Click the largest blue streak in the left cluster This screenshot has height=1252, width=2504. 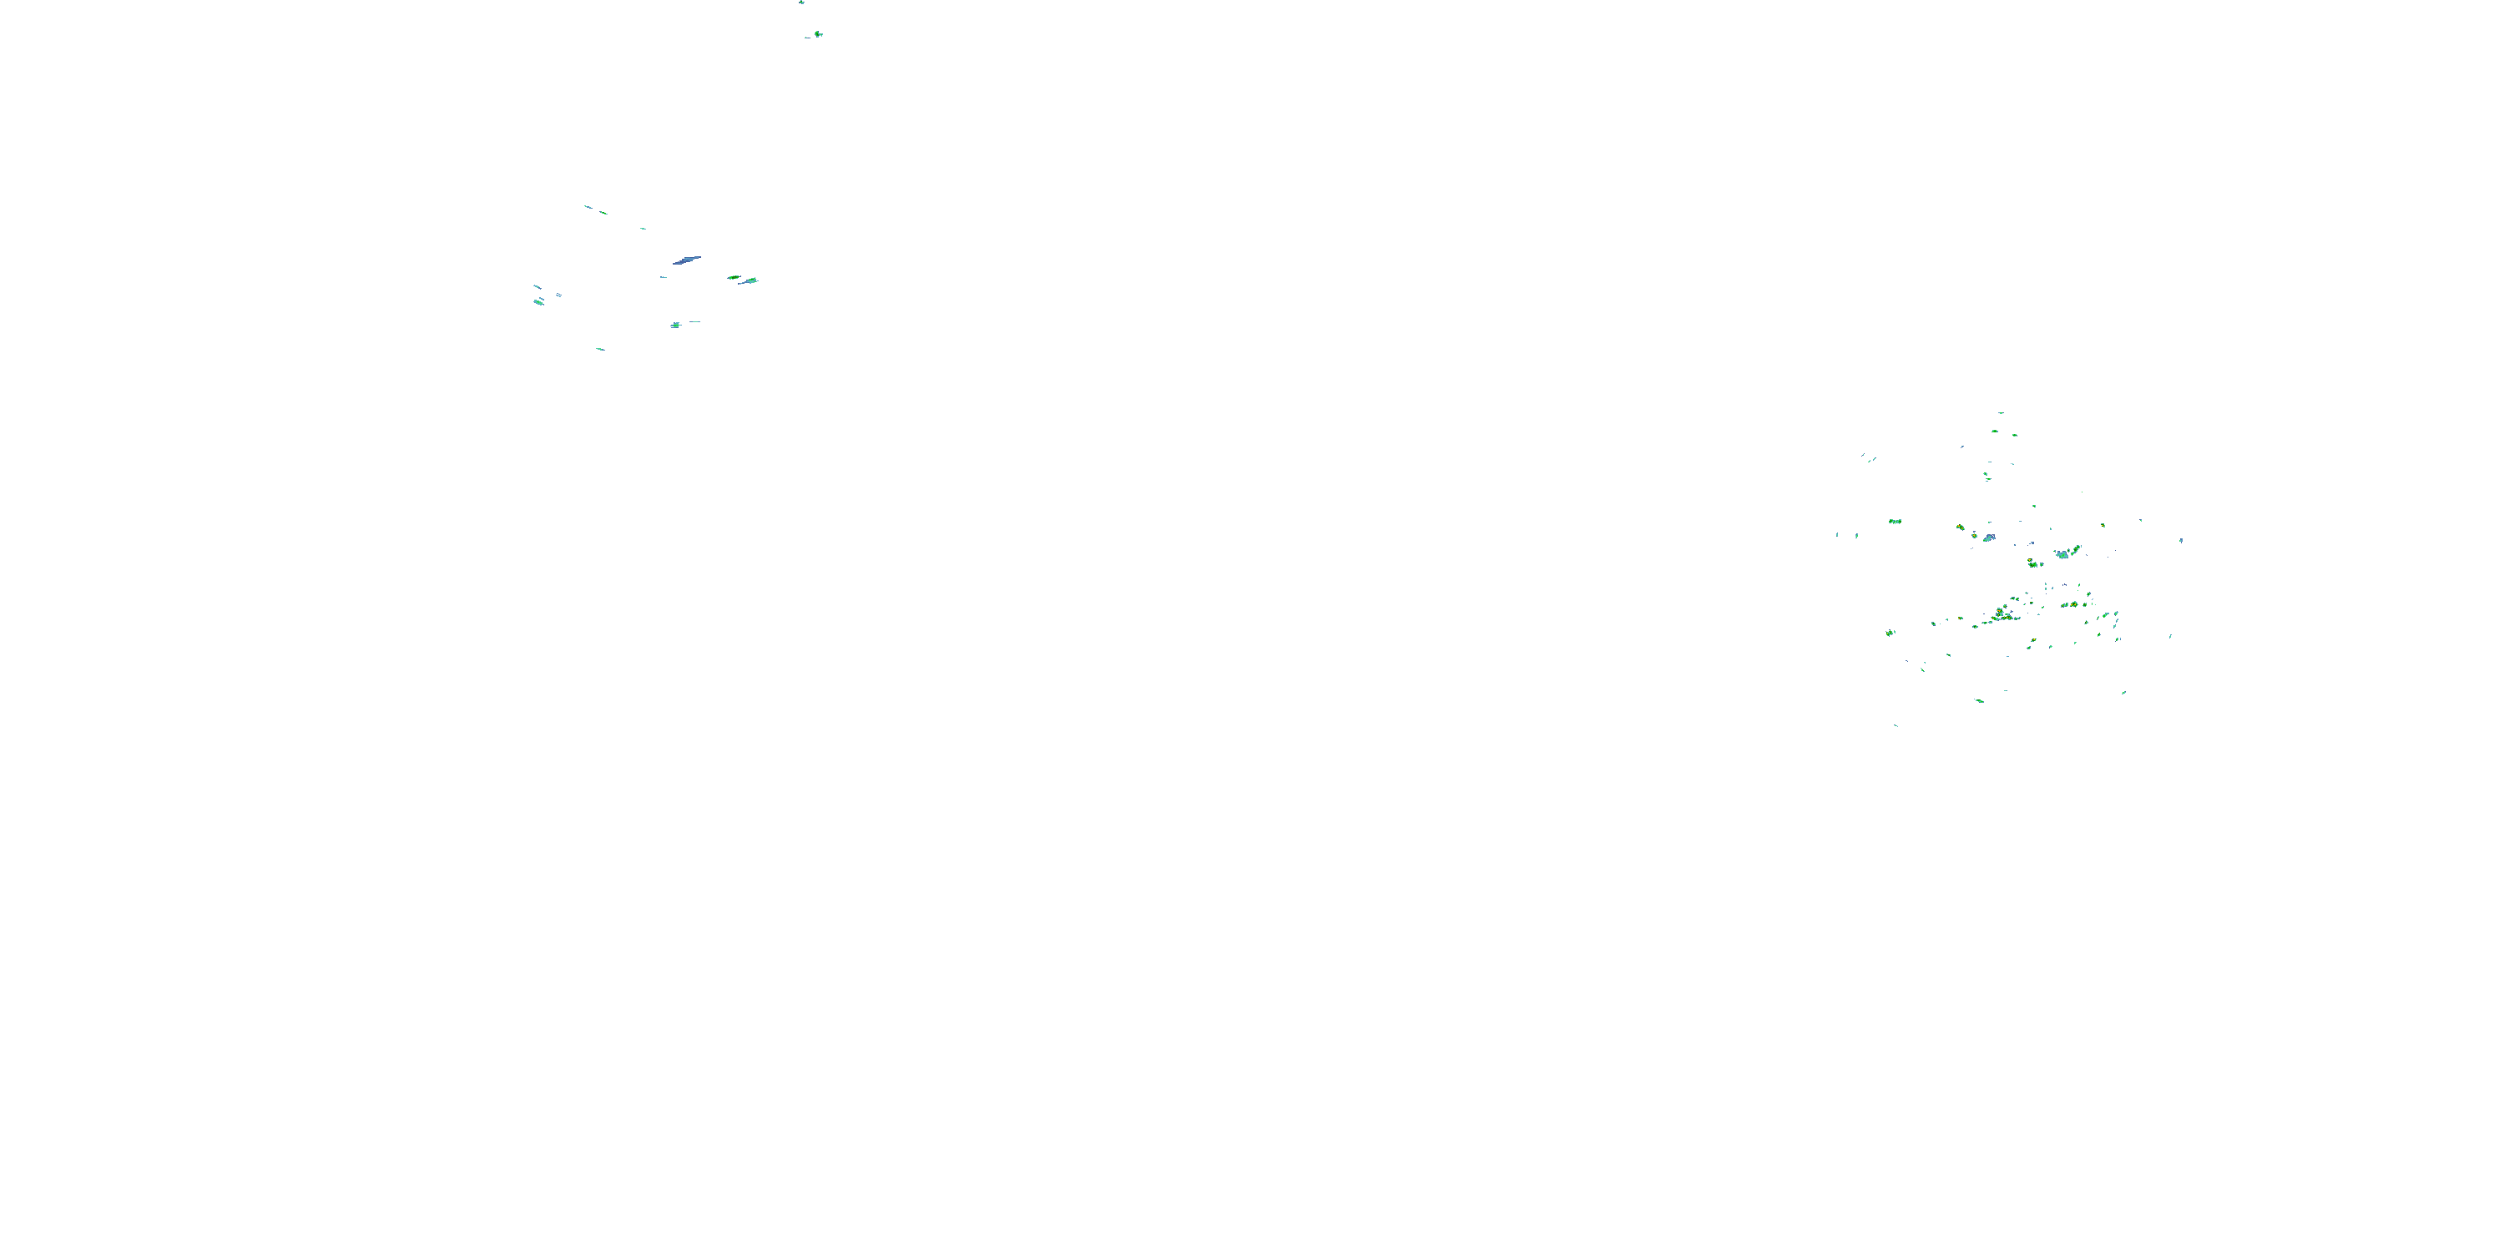(687, 260)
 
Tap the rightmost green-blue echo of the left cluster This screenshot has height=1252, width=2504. (750, 281)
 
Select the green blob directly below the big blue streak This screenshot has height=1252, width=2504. (675, 325)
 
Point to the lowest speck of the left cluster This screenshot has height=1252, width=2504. (600, 348)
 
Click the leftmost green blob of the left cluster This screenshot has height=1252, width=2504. (538, 302)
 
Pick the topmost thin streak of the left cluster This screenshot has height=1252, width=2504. (588, 206)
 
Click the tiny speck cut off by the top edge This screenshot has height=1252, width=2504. (802, 2)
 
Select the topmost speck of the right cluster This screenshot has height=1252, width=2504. (2001, 413)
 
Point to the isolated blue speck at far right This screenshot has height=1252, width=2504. (2181, 539)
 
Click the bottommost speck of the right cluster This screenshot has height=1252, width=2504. (1896, 725)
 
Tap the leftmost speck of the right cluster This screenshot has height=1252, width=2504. (1837, 535)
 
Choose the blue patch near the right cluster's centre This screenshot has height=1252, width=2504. (1990, 537)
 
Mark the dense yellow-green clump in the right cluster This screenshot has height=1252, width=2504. (2002, 614)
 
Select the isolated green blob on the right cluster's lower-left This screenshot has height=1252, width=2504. (1891, 633)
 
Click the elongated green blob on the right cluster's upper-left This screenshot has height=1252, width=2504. (1895, 522)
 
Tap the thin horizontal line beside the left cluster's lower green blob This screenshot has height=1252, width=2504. (694, 321)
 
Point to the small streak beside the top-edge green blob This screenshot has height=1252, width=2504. (807, 37)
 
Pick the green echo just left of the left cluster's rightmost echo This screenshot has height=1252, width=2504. (733, 277)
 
